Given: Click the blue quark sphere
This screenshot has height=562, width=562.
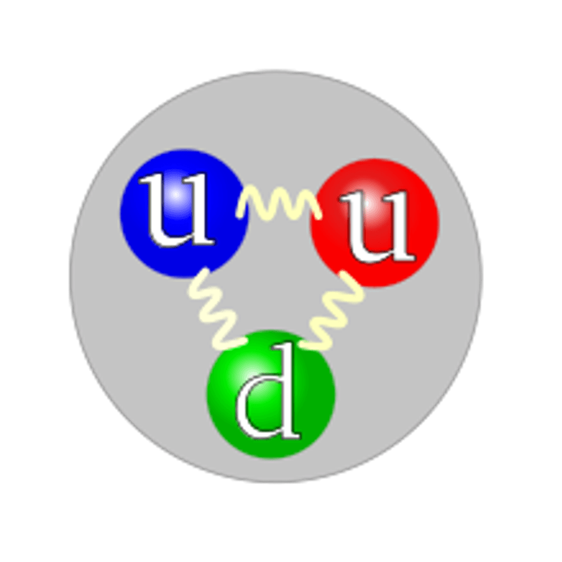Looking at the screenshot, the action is pyautogui.click(x=184, y=214).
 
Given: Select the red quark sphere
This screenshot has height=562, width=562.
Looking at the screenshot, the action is pyautogui.click(x=374, y=223).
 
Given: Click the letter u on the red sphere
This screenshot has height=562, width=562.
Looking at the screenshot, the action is pyautogui.click(x=377, y=226).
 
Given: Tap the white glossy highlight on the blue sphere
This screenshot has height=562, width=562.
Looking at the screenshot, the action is pyautogui.click(x=175, y=194).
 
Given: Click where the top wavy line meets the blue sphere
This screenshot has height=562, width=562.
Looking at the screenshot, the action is pyautogui.click(x=240, y=214).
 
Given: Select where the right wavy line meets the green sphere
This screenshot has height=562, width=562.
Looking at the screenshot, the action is pyautogui.click(x=302, y=344).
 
